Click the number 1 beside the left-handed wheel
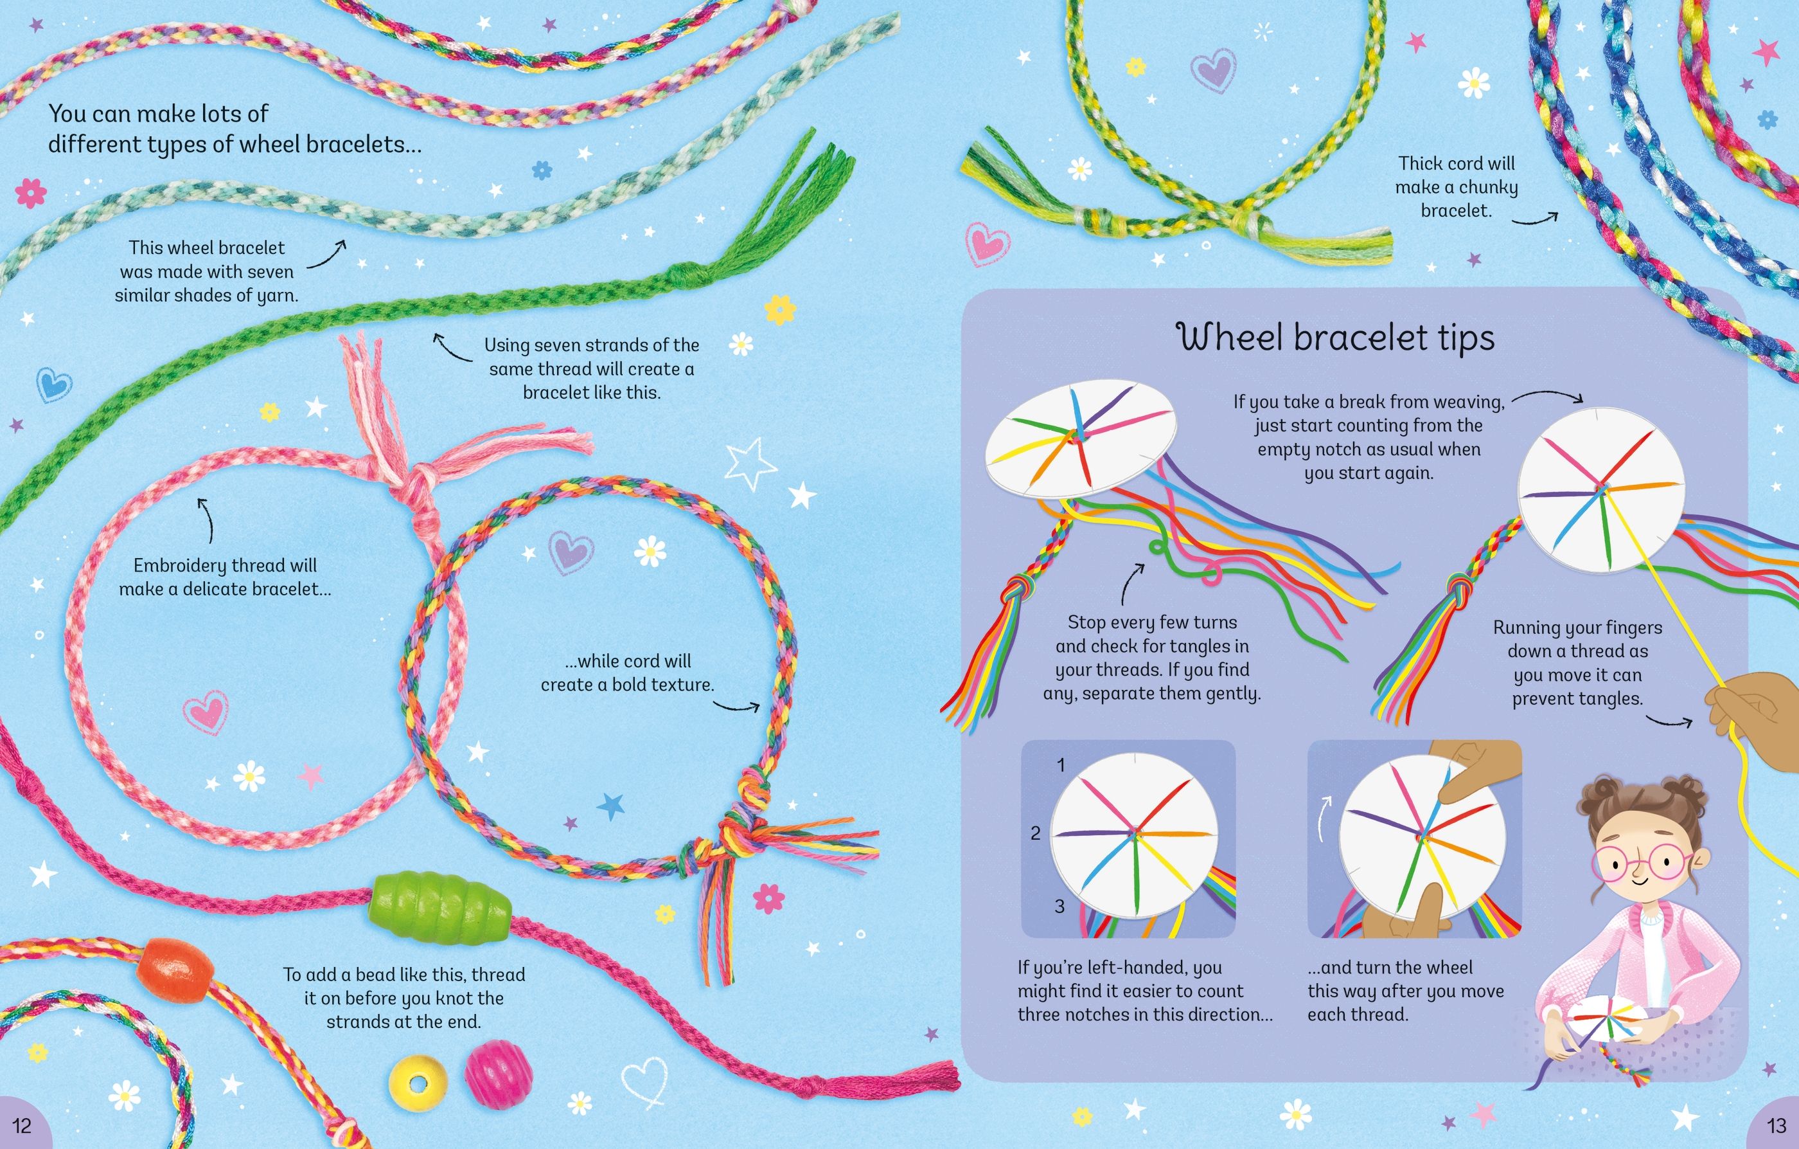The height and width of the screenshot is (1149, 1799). click(x=1060, y=764)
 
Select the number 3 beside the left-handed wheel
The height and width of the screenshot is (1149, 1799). click(x=1059, y=906)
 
